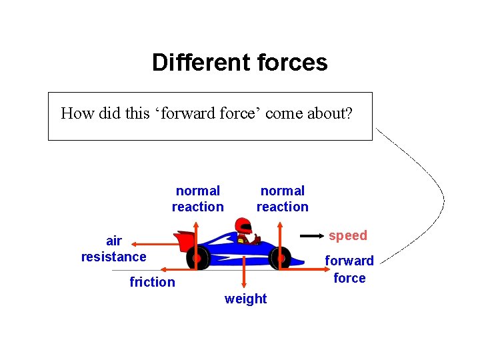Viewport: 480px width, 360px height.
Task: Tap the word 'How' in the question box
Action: point(75,113)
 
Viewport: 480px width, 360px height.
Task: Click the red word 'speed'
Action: point(347,235)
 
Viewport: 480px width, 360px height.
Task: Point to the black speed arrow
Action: point(311,236)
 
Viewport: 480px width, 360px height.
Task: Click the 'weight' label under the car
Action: point(245,299)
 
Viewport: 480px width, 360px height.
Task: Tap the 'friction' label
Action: point(152,282)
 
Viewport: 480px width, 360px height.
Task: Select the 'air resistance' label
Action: point(113,249)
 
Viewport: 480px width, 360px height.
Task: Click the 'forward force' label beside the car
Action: point(349,269)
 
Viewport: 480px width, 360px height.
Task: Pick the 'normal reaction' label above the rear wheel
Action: point(198,199)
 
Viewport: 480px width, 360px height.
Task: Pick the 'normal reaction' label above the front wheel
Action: point(283,199)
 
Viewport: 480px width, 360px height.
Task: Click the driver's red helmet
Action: point(245,227)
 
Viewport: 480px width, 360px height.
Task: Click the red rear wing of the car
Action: point(181,239)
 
